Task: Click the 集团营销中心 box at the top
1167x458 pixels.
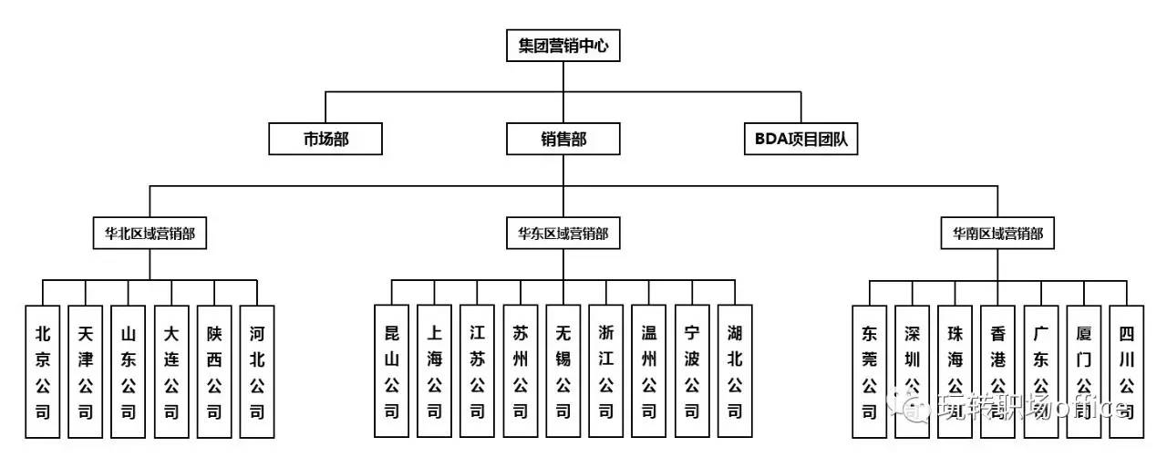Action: (x=563, y=44)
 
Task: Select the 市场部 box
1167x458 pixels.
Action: (x=325, y=139)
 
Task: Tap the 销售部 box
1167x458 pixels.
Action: (x=563, y=139)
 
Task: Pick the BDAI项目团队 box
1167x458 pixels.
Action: (x=801, y=139)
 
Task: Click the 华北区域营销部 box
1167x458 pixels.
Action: (x=150, y=233)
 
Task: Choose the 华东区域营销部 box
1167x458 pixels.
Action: (x=563, y=233)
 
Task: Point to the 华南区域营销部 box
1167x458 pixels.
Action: (x=997, y=233)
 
